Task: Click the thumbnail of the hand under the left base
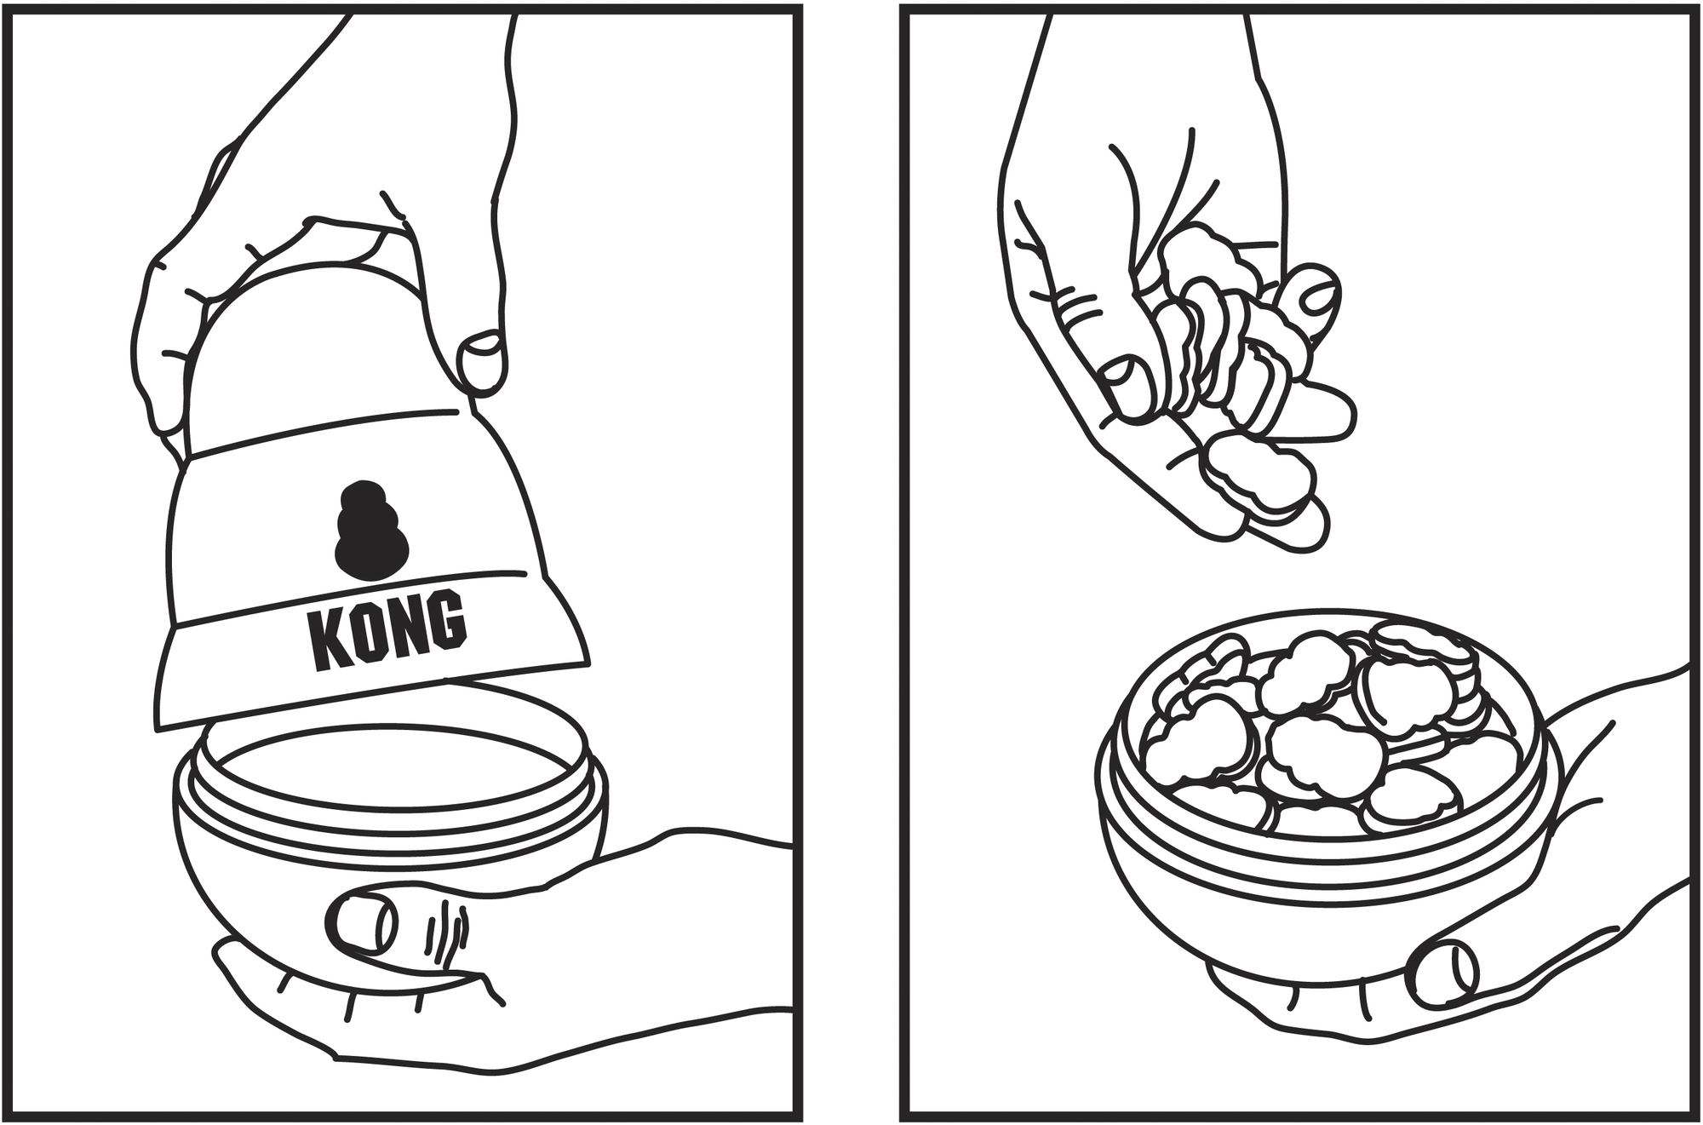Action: [x=363, y=923]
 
